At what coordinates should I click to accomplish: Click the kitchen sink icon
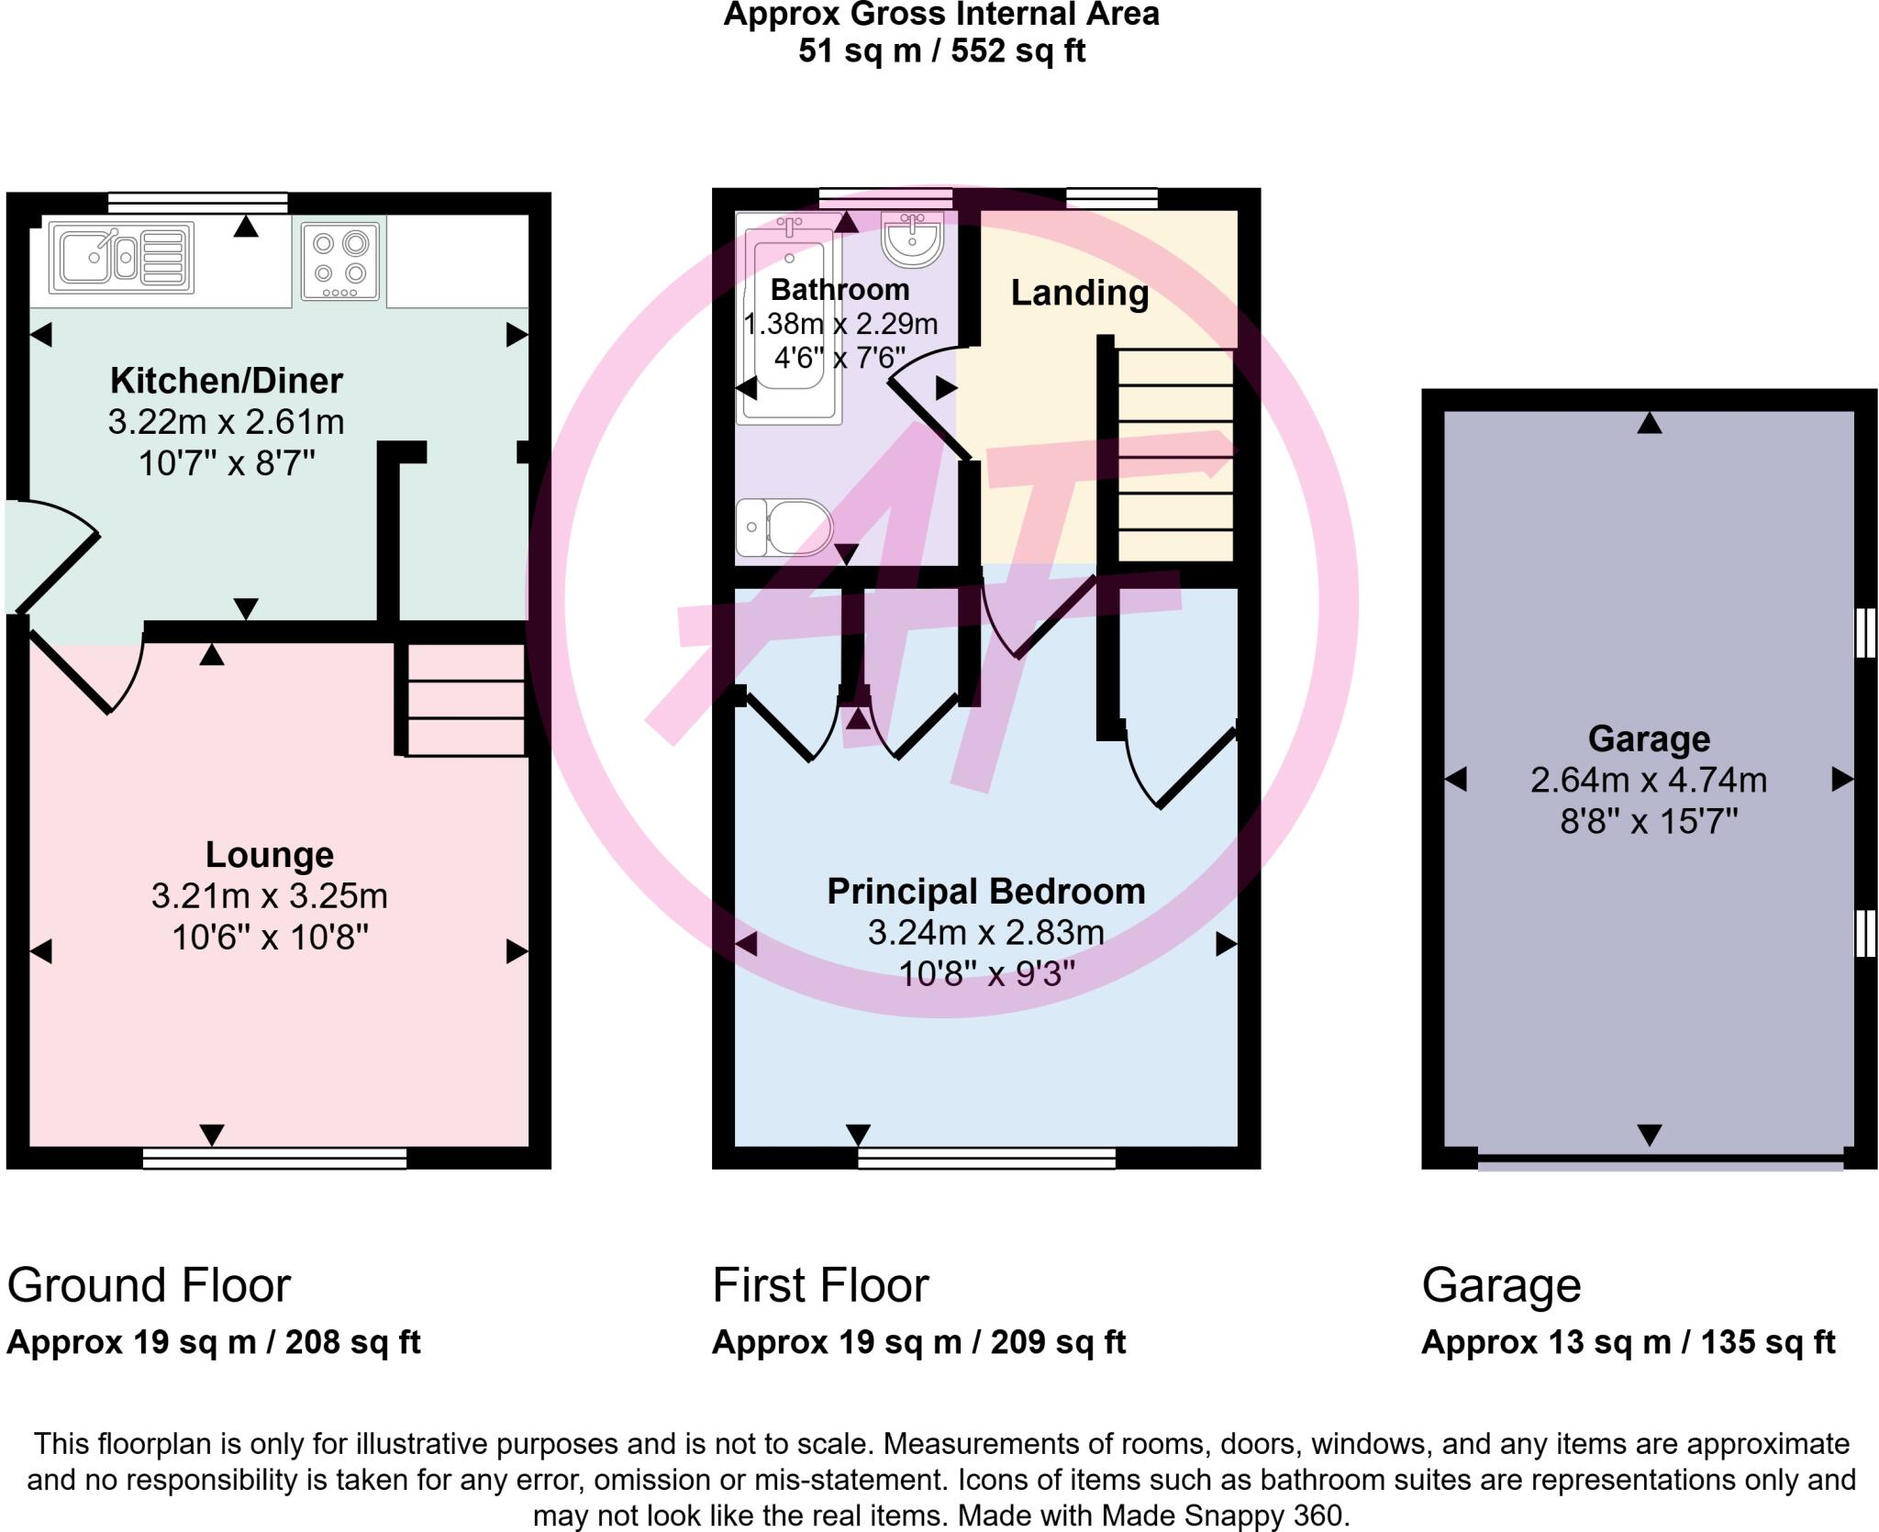121,258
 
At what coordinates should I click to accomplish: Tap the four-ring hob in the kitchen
339,261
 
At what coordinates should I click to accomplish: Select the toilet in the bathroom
784,527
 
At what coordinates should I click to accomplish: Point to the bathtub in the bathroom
790,321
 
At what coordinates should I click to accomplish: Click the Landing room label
1079,293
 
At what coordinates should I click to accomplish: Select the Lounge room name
269,854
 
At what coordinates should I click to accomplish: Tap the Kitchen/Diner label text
226,380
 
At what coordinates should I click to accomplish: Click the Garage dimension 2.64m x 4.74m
1648,780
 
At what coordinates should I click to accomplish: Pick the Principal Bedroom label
985,891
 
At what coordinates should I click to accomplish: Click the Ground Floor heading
149,1285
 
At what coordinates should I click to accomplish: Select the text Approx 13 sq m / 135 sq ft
1628,1342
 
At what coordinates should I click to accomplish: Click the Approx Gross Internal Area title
940,16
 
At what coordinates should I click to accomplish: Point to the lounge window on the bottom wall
274,1160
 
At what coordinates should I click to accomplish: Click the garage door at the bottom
1660,1162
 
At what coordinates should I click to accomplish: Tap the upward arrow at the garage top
1649,423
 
